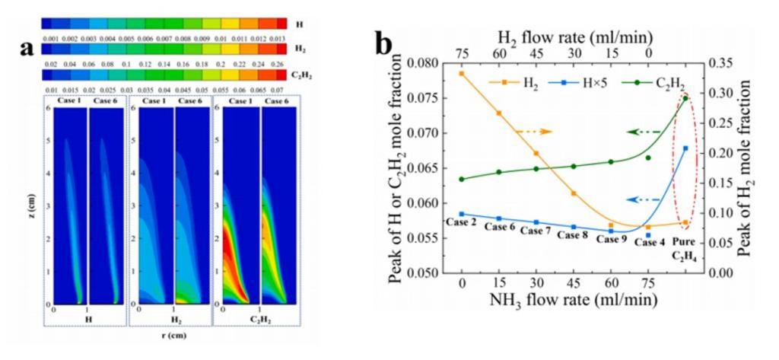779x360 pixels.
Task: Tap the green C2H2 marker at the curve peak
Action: pos(685,97)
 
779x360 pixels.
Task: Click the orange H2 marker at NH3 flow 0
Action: pos(462,73)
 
